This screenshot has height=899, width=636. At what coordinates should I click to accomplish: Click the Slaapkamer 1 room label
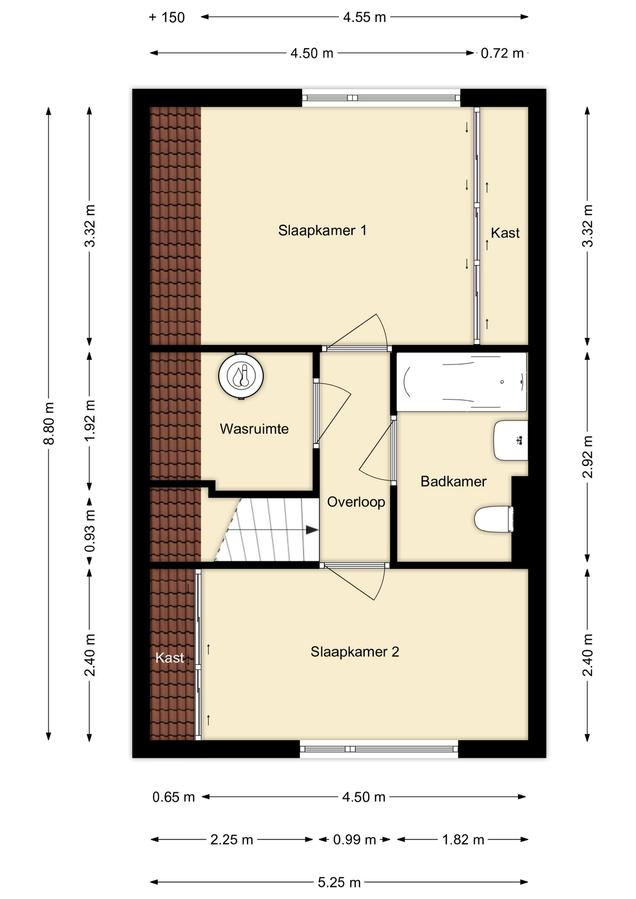click(322, 230)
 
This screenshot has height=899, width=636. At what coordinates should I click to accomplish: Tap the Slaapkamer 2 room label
click(355, 652)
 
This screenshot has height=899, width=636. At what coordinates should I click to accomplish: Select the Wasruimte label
click(254, 429)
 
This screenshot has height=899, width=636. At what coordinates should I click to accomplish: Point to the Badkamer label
click(453, 481)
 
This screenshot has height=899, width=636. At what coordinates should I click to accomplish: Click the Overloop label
click(356, 502)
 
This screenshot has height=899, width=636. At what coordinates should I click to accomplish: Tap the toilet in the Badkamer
click(494, 519)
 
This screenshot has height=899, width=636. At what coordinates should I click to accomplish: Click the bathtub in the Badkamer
click(462, 382)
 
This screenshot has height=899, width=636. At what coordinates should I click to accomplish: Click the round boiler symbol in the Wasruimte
click(241, 376)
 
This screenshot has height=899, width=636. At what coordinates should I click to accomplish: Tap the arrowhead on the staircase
click(312, 530)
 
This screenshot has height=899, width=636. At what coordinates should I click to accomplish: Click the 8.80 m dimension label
click(49, 423)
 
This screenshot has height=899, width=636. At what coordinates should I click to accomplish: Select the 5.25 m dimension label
click(339, 883)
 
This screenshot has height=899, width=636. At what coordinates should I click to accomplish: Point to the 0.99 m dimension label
click(355, 840)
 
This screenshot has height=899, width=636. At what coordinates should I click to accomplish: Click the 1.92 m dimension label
click(90, 420)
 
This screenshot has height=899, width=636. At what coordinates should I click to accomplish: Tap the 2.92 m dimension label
click(588, 457)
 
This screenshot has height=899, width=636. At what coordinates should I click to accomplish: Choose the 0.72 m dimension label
click(502, 53)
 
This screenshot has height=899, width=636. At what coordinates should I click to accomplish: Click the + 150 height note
click(167, 18)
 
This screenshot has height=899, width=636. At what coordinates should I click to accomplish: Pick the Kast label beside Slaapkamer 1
click(505, 233)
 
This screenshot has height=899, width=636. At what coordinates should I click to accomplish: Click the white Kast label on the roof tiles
click(170, 658)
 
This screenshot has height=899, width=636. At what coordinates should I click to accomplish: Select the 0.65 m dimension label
click(173, 797)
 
